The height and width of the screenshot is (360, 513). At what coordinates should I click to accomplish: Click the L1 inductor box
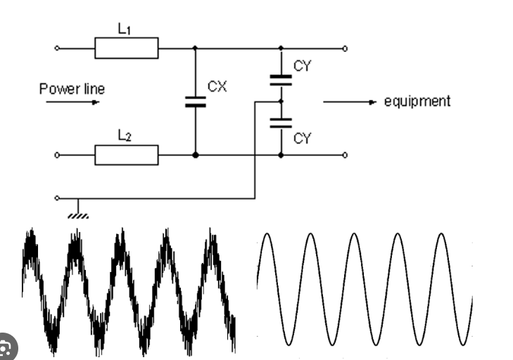127,49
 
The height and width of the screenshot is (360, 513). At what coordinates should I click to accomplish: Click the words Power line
72,89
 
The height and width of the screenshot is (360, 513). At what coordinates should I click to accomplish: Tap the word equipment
417,101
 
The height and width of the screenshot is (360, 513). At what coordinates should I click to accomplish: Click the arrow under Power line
74,102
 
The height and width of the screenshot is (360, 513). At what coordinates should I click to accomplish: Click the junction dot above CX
195,49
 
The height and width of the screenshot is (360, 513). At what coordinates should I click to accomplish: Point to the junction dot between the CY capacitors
281,102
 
